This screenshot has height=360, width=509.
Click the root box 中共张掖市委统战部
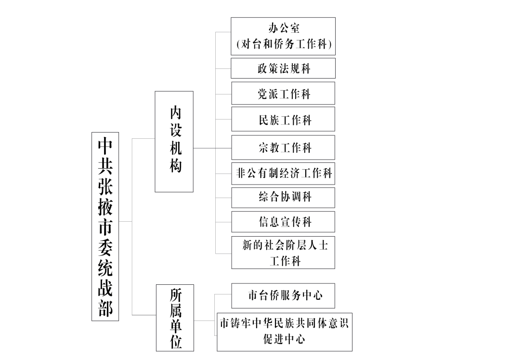coord(105,227)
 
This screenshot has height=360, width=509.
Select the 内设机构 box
coord(174,142)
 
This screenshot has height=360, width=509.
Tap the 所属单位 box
coord(175,318)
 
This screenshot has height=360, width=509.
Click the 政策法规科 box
coord(283,68)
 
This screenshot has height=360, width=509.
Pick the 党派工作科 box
coord(283,93)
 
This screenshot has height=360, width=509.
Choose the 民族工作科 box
coord(283,119)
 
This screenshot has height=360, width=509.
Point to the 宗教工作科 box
coord(283,147)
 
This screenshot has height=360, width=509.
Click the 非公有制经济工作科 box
coord(283,173)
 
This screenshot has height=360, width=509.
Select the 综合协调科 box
coord(283,198)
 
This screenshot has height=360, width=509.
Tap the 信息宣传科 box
coord(283,222)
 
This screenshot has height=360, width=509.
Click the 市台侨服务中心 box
coord(283,296)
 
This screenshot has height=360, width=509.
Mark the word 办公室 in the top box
coord(284,28)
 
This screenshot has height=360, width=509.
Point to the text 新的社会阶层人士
coord(285,245)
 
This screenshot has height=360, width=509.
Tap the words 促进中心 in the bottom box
coord(284,339)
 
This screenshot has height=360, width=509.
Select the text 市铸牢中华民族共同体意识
coord(284,323)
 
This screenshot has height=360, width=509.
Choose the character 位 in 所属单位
coord(176,342)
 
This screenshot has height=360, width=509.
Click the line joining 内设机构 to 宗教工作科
coord(212,148)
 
